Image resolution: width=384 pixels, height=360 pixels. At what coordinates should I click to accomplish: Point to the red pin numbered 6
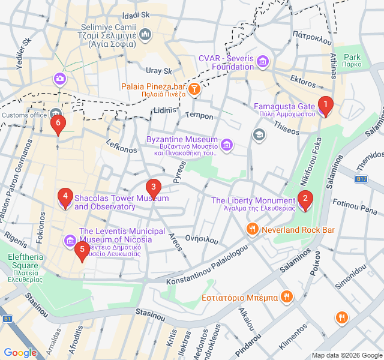(58, 125)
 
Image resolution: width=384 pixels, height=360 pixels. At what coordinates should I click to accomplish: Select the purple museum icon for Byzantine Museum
(227, 145)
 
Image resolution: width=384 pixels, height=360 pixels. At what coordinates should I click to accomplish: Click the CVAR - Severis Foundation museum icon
(263, 61)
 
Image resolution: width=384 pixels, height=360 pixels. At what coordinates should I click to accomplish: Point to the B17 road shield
(361, 179)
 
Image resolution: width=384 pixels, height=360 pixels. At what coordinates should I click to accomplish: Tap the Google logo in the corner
(20, 353)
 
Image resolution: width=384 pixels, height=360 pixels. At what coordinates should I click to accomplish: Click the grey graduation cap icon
(259, 133)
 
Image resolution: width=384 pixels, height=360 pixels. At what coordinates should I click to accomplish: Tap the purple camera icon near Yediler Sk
(59, 78)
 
